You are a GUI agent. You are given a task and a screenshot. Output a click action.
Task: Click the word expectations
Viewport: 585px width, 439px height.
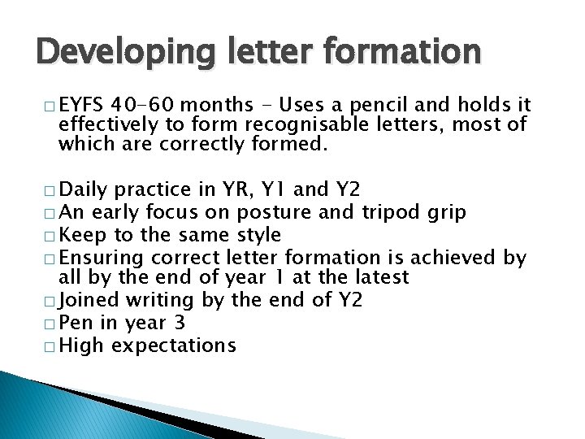tap(173, 345)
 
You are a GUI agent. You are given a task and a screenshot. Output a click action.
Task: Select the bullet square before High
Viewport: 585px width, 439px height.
tap(50, 346)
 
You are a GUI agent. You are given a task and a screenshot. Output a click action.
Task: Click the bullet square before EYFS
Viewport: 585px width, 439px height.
tap(50, 106)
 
